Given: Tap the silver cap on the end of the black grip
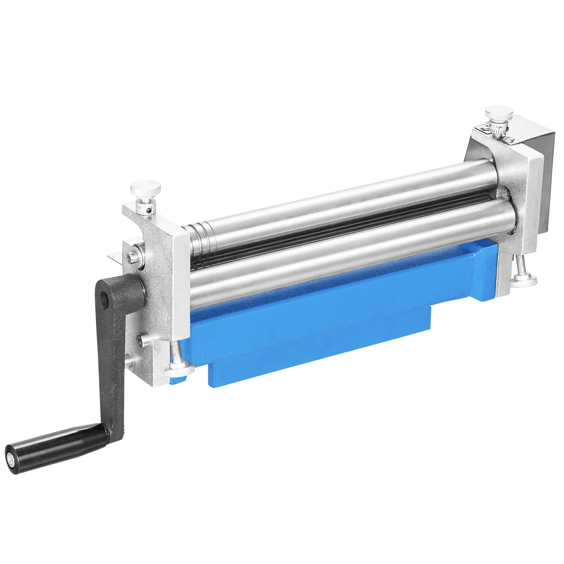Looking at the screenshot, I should coord(11,460).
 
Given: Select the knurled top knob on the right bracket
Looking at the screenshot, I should coord(499,113).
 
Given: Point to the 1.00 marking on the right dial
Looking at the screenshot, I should coord(499,127).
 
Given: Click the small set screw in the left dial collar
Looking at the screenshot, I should coord(150,211).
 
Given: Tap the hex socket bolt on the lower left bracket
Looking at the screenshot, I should coord(141,340).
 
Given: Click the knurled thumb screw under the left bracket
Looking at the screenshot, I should coord(179,369).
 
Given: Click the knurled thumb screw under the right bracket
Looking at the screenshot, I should coord(523,280).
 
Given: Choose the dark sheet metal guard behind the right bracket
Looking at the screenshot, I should coord(546,176).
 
